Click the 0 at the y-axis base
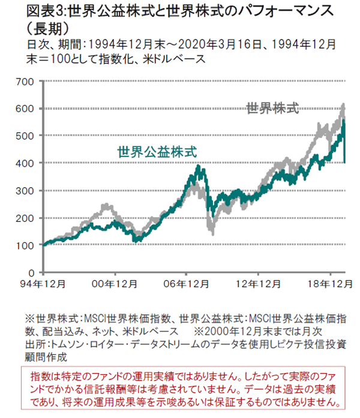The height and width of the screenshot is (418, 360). pyautogui.click(x=33, y=272)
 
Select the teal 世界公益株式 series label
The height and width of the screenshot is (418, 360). pyautogui.click(x=158, y=151)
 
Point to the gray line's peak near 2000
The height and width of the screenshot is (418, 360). pyautogui.click(x=107, y=205)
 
